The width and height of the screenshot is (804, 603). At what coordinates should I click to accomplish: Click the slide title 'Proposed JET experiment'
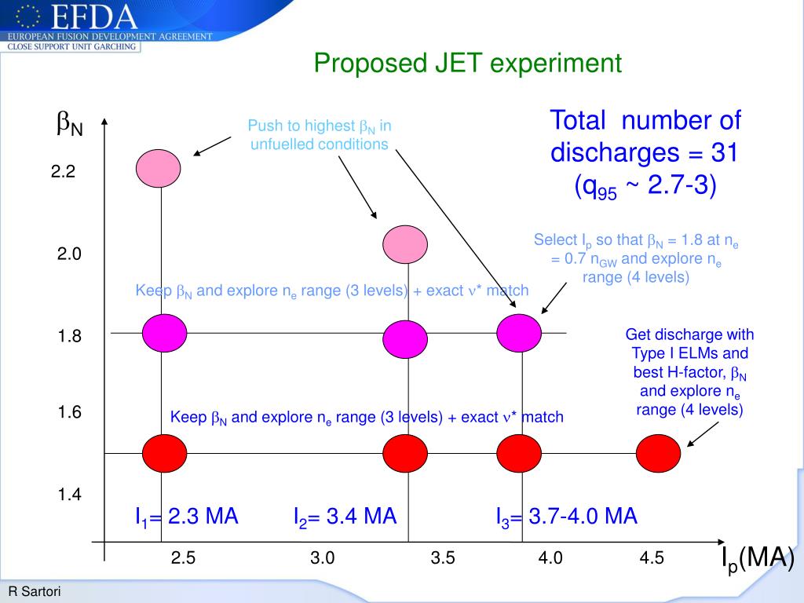pyautogui.click(x=468, y=64)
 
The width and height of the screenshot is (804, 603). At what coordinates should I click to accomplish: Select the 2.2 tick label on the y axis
pyautogui.click(x=63, y=172)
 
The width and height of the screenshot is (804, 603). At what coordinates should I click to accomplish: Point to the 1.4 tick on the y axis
pyautogui.click(x=68, y=495)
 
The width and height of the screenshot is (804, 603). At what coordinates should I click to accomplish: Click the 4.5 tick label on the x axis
pyautogui.click(x=652, y=558)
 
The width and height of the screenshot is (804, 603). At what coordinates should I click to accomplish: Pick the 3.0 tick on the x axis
pyautogui.click(x=322, y=558)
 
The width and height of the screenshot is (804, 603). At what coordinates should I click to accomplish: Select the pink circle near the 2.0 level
pyautogui.click(x=405, y=243)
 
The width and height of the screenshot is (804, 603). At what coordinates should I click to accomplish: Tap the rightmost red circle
pyautogui.click(x=658, y=453)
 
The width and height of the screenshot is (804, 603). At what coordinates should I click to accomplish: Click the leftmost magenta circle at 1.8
pyautogui.click(x=164, y=332)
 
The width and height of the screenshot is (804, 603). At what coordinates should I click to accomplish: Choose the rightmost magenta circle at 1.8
pyautogui.click(x=520, y=332)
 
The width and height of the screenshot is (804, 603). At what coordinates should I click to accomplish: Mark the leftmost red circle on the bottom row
pyautogui.click(x=164, y=453)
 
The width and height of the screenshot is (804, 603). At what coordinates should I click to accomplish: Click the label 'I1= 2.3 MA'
pyautogui.click(x=187, y=517)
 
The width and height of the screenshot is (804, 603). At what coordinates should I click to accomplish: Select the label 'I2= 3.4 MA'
pyautogui.click(x=345, y=517)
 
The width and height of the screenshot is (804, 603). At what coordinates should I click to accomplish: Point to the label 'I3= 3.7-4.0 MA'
pyautogui.click(x=566, y=517)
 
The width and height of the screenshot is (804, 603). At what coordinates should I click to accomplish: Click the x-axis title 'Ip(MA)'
pyautogui.click(x=758, y=559)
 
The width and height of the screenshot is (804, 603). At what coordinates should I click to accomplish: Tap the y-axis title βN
pyautogui.click(x=69, y=123)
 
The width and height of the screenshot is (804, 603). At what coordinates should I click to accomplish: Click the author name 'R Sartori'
pyautogui.click(x=35, y=591)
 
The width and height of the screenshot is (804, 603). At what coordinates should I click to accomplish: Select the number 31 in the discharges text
pyautogui.click(x=724, y=152)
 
